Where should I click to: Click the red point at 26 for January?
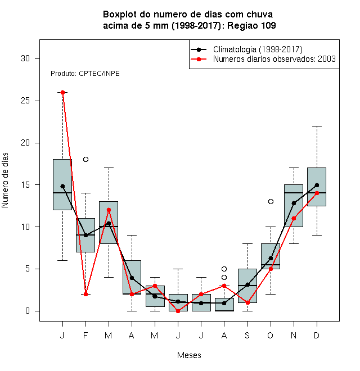[x=62, y=92]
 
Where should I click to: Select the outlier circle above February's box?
[x=85, y=159]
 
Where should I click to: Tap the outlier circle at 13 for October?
[x=271, y=201]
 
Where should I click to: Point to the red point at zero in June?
[x=178, y=311]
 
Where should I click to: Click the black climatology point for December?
[x=317, y=185]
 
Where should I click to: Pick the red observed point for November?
[x=294, y=218]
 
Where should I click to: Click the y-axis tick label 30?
[x=25, y=58]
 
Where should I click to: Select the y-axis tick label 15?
[x=25, y=185]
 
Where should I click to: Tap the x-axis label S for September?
[x=247, y=335]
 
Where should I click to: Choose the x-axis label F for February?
[x=85, y=335]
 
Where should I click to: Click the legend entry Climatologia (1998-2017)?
[x=258, y=49]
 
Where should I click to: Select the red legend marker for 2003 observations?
[x=199, y=59]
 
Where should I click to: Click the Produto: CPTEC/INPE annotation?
[x=85, y=74]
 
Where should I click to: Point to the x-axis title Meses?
[x=189, y=355]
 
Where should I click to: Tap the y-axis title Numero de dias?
[x=5, y=180]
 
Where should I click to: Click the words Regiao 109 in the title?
[x=251, y=25]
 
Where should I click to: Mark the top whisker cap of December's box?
[x=317, y=126]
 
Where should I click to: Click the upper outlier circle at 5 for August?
[x=224, y=269]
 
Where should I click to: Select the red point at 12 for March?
[x=109, y=210]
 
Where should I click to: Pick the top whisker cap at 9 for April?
[x=132, y=235]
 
